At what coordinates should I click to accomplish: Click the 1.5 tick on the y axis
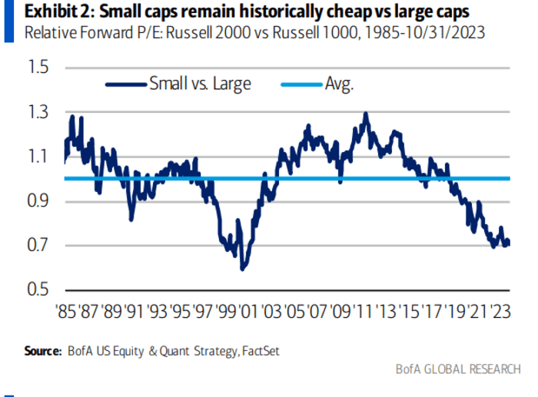click(x=37, y=68)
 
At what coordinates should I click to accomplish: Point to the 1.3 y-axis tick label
click(x=37, y=113)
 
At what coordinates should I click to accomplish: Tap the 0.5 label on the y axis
click(x=37, y=290)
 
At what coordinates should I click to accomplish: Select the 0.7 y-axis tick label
click(x=37, y=246)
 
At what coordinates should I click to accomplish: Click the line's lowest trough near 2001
click(x=243, y=269)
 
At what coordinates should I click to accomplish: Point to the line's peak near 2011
click(x=365, y=114)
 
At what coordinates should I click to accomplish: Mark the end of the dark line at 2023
click(x=509, y=243)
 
